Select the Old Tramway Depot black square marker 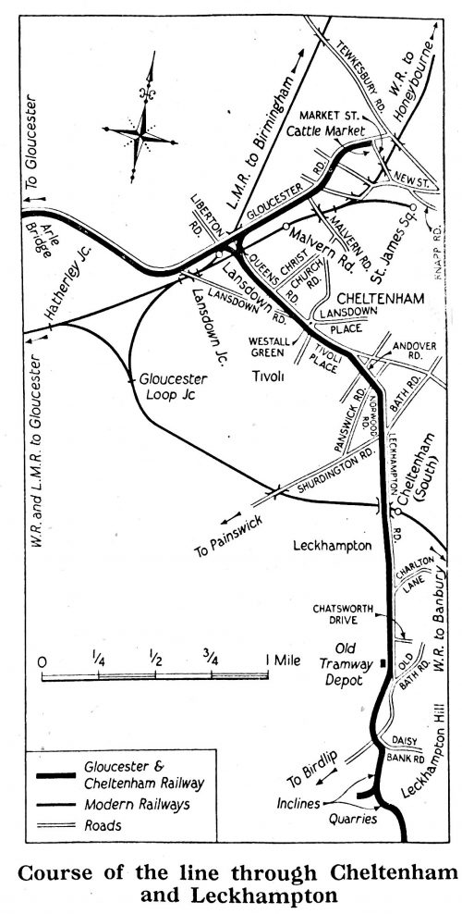pos(382,662)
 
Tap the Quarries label pos(356,818)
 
